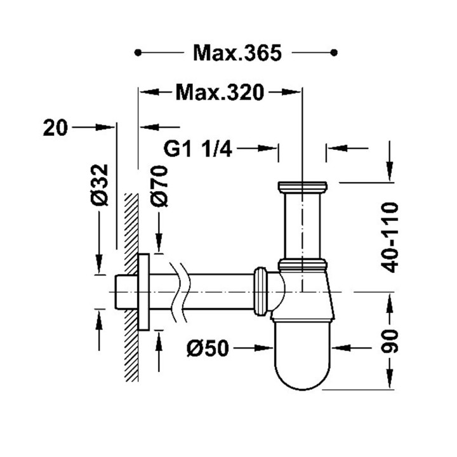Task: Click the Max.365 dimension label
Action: click(x=237, y=53)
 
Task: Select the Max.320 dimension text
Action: click(x=220, y=93)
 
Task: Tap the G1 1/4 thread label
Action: click(x=198, y=149)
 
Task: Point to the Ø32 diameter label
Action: click(x=100, y=185)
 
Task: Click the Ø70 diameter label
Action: click(x=159, y=186)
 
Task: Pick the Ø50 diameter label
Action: click(x=208, y=348)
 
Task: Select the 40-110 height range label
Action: click(x=389, y=237)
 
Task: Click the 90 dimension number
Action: click(x=390, y=341)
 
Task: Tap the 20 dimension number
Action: click(x=55, y=128)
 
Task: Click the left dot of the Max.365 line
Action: click(x=138, y=53)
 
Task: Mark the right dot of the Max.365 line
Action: click(x=334, y=53)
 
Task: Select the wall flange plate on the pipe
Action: click(x=144, y=292)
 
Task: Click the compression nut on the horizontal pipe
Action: click(x=260, y=291)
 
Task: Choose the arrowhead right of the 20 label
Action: click(x=105, y=127)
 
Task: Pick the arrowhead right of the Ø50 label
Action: click(x=264, y=348)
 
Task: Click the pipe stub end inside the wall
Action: click(x=121, y=291)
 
